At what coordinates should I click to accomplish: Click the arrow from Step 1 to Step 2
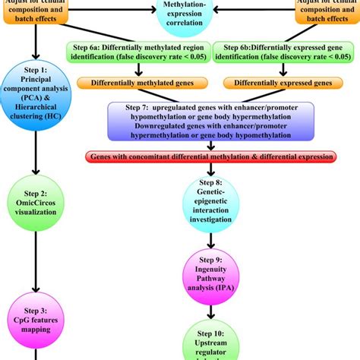[35, 158]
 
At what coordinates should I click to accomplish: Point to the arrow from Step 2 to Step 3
[36, 262]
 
